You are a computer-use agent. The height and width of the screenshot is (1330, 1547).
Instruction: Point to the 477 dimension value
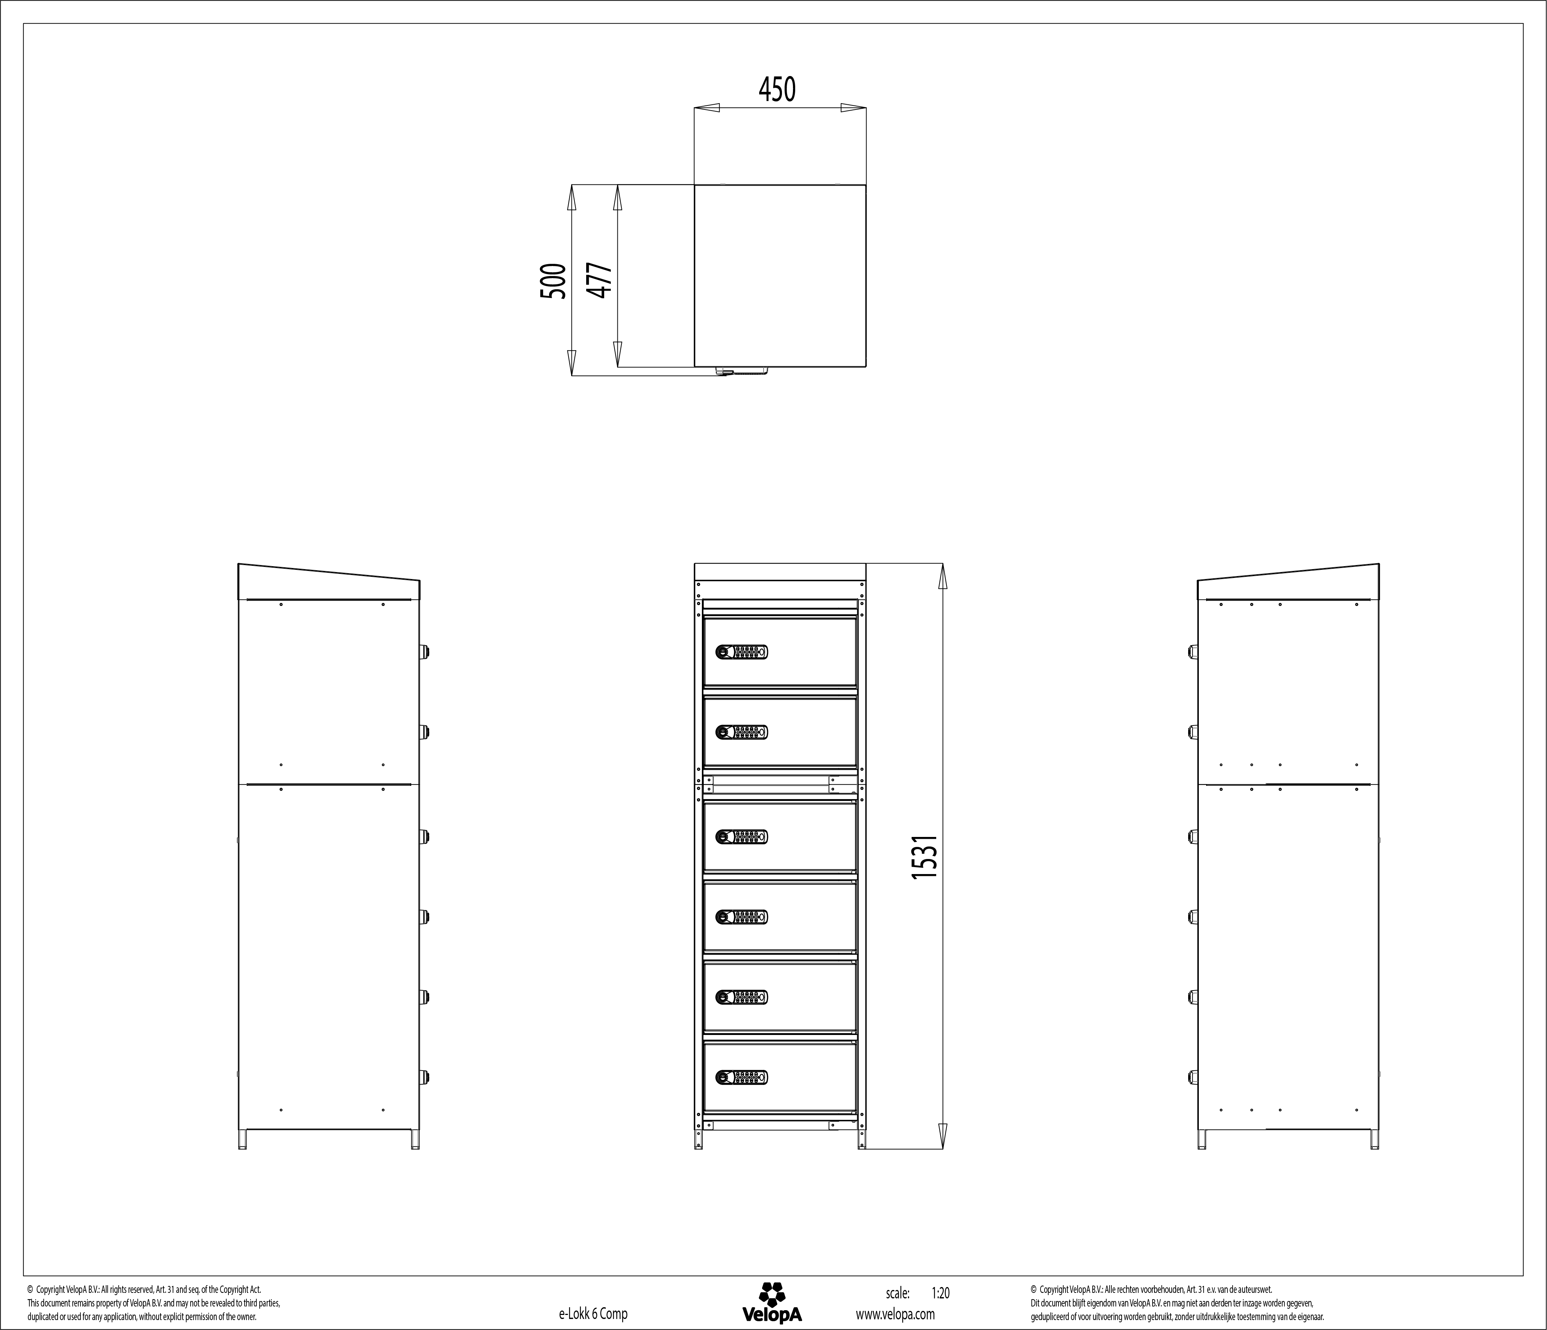click(599, 281)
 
